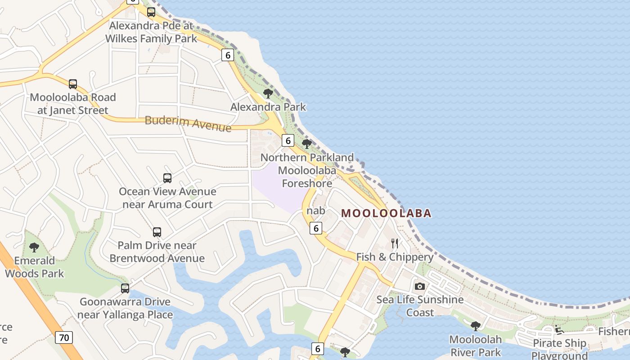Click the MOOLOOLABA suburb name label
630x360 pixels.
[386, 213]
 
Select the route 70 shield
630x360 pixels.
[64, 337]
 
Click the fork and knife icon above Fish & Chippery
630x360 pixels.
[395, 243]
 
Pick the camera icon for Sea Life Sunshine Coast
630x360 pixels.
[419, 286]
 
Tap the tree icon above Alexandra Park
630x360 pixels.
[268, 94]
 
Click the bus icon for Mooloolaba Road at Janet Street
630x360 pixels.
[73, 84]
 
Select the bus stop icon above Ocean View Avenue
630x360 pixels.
[167, 178]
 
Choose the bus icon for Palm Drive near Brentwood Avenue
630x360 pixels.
[157, 232]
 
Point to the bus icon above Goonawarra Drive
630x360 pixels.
[125, 288]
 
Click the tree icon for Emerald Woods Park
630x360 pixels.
[34, 247]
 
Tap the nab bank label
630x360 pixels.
[315, 211]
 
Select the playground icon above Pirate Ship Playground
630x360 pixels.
[559, 330]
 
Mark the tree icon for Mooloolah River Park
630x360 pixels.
[475, 326]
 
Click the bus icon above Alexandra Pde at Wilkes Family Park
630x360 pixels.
[151, 12]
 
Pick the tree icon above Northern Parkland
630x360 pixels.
[307, 144]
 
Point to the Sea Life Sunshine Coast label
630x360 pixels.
[420, 306]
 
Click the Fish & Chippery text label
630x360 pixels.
[395, 257]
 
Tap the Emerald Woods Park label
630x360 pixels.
[35, 267]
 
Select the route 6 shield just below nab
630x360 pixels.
[316, 228]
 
